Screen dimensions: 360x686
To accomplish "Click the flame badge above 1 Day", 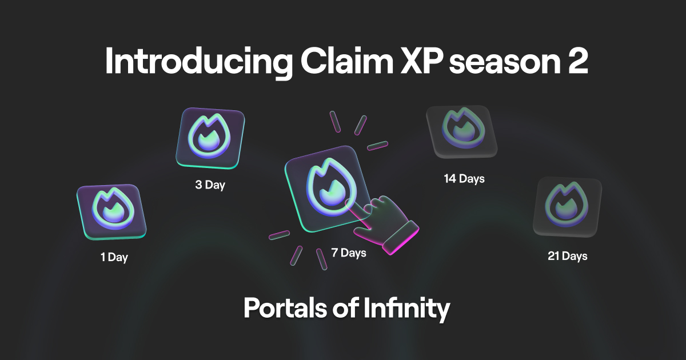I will pyautogui.click(x=111, y=211).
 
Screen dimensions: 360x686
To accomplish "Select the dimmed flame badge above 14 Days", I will pyautogui.click(x=459, y=132).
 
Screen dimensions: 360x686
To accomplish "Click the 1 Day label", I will pyautogui.click(x=114, y=257).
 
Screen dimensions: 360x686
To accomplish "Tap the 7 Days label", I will pyautogui.click(x=348, y=252).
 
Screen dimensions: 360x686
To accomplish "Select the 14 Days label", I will pyautogui.click(x=464, y=179).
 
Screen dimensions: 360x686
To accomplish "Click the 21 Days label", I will pyautogui.click(x=567, y=256).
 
